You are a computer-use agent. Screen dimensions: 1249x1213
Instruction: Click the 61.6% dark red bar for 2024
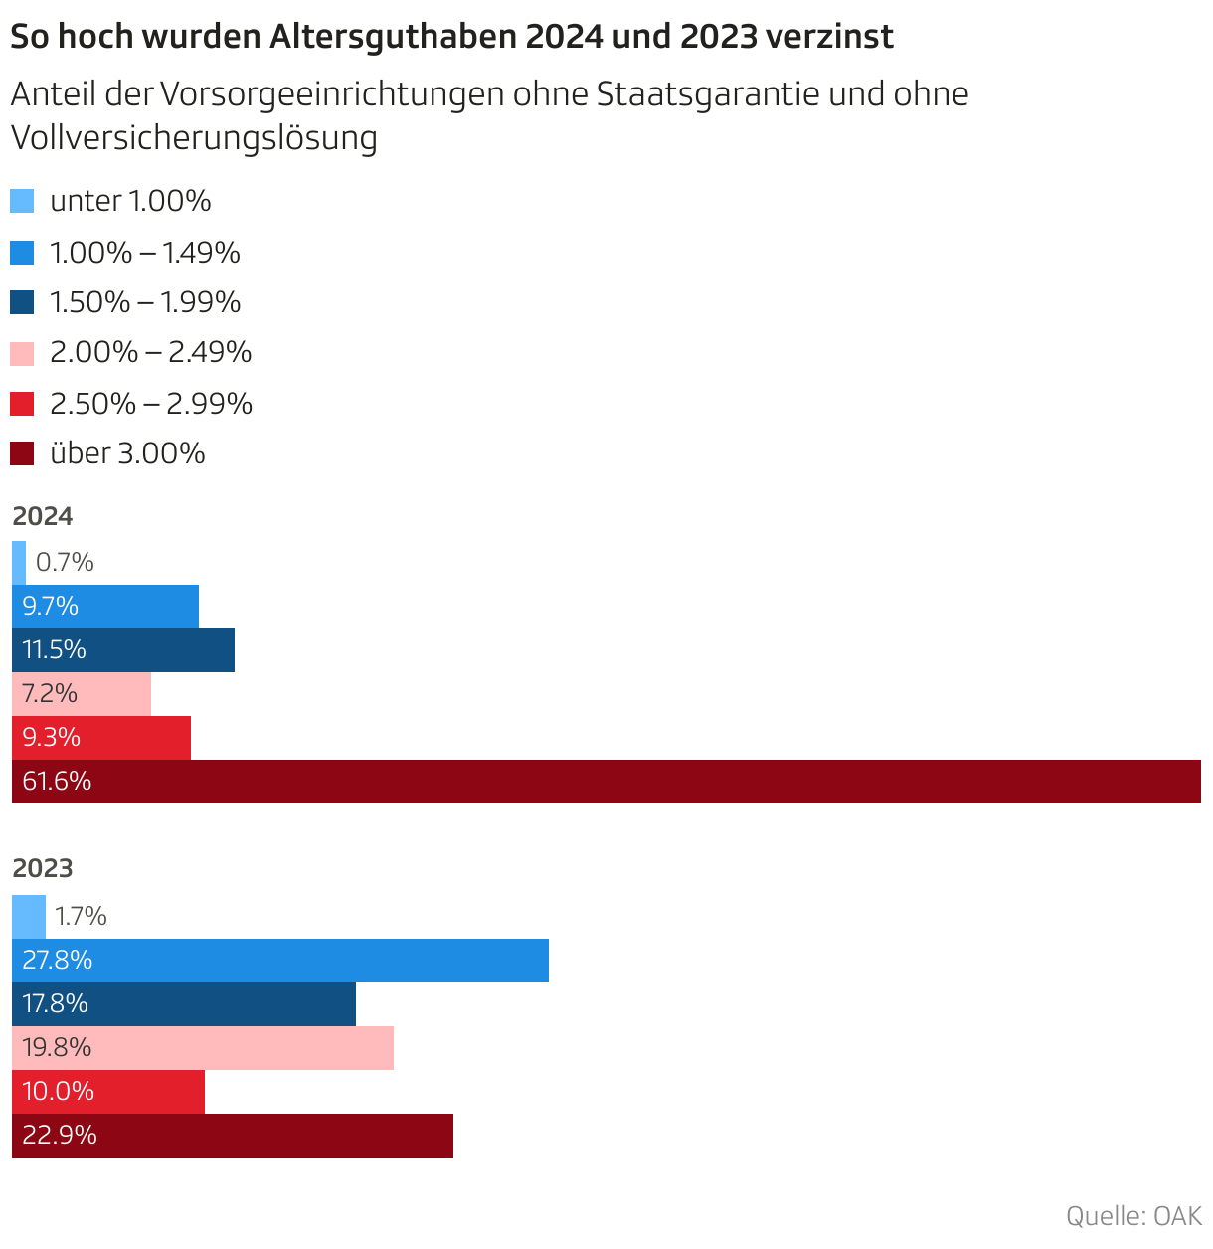(606, 782)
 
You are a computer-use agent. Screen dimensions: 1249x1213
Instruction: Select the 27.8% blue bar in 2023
(280, 961)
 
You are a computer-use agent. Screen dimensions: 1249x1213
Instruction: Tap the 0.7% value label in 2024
(65, 563)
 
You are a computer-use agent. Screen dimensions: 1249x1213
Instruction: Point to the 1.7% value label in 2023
(81, 916)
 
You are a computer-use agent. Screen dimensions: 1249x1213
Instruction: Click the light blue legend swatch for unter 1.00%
(22, 201)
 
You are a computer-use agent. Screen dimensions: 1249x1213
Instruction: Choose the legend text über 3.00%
(127, 453)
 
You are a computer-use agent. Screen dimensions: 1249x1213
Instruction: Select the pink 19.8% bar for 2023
(203, 1048)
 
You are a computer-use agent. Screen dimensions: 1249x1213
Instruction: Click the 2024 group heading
(43, 516)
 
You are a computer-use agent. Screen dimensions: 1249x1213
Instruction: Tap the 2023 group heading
(43, 868)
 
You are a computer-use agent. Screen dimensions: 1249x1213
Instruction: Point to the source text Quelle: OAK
(1133, 1216)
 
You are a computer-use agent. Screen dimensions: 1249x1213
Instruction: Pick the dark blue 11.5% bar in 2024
(123, 650)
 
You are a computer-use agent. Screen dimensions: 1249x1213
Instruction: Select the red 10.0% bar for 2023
(108, 1092)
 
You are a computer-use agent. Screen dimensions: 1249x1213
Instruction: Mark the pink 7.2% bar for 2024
(82, 694)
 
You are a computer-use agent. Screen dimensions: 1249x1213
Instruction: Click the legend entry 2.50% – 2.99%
(151, 404)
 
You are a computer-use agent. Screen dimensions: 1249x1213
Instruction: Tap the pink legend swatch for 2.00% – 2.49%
(22, 353)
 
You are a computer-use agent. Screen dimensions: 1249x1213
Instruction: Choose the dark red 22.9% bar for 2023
(233, 1136)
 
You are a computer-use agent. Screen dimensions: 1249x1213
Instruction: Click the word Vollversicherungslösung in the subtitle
(194, 138)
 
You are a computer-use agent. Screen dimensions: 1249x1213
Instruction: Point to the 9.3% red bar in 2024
(101, 738)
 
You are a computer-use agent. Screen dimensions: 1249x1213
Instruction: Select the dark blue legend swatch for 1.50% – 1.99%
(22, 302)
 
